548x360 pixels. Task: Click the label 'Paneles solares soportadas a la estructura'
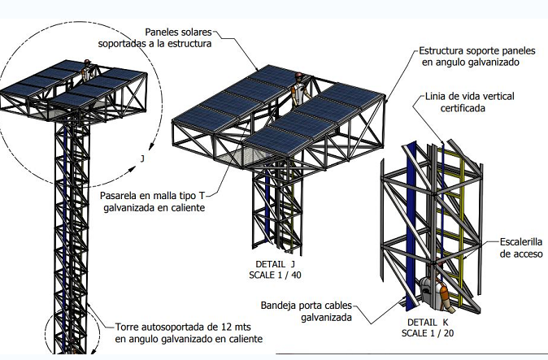coord(154,37)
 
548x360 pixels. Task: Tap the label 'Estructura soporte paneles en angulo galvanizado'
coord(477,56)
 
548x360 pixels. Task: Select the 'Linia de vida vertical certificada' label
coord(469,102)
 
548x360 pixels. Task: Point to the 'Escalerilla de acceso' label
coord(520,248)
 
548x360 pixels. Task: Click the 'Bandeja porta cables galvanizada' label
coord(307,311)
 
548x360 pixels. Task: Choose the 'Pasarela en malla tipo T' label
coord(153,196)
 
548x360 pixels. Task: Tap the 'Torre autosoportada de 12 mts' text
coord(183,327)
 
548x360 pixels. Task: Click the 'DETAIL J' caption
coord(276,264)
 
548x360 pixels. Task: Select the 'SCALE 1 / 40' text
coord(275,275)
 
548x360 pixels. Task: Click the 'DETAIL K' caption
coord(428,322)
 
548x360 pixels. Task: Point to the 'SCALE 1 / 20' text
coord(428,333)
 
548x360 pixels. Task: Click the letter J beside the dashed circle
coord(142,159)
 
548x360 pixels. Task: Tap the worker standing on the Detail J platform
coord(299,90)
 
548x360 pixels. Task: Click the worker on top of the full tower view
coord(86,70)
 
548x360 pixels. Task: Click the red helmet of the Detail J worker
coord(298,75)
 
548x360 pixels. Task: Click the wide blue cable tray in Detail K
coord(411,223)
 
